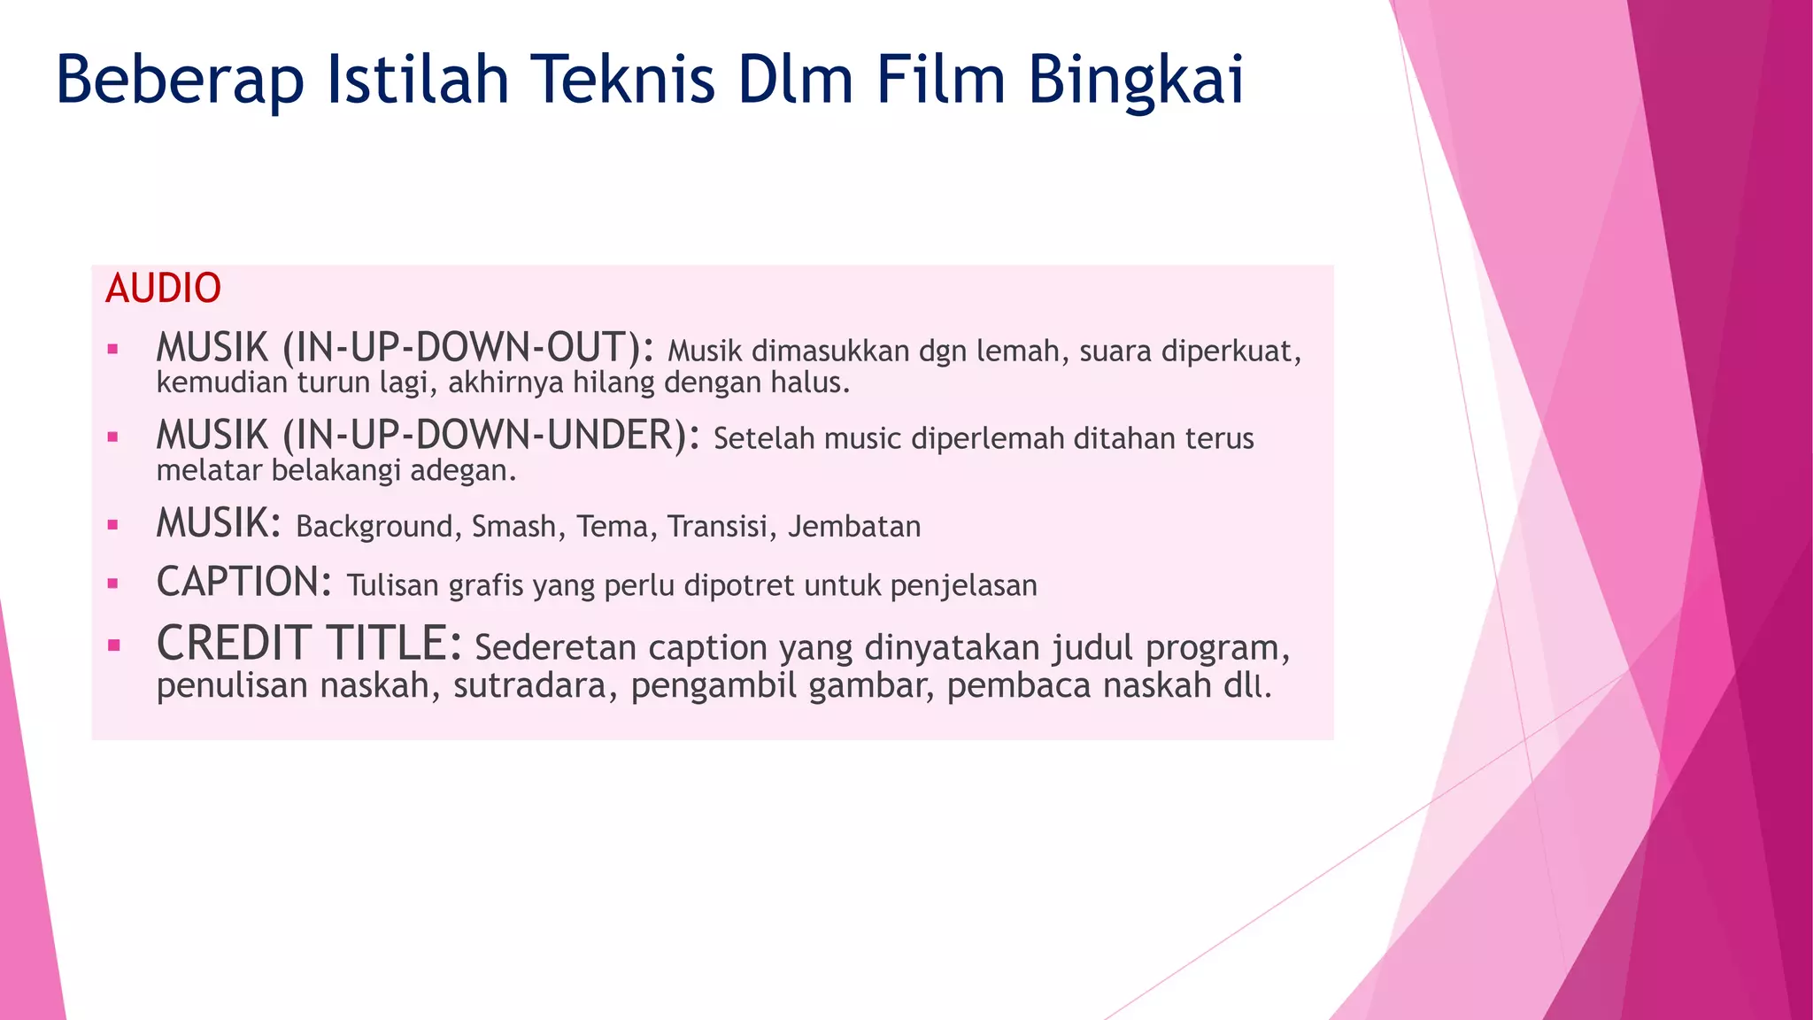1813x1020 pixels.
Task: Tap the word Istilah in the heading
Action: [x=418, y=80]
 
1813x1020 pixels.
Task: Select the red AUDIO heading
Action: [x=163, y=289]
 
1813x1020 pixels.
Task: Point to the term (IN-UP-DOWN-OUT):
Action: [x=468, y=348]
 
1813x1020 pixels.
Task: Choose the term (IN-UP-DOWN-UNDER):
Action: [x=491, y=436]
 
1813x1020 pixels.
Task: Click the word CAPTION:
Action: [x=244, y=583]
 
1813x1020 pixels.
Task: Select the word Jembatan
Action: [x=854, y=527]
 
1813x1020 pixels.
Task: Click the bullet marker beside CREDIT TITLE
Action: [x=113, y=645]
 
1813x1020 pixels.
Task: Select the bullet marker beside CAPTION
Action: [x=112, y=583]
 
